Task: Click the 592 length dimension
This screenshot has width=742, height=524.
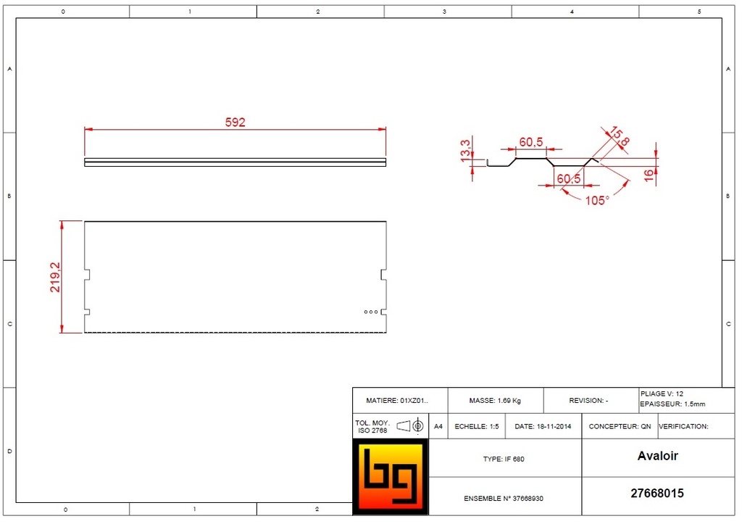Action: (x=235, y=122)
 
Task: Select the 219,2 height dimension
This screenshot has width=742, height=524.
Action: (x=55, y=278)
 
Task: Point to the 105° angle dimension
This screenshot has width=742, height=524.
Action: (x=597, y=201)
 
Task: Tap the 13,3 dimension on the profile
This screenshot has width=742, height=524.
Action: (x=466, y=150)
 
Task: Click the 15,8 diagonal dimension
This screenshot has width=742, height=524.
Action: (x=620, y=136)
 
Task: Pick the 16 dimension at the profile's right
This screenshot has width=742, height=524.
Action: (x=649, y=175)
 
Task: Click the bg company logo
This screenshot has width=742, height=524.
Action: (x=391, y=477)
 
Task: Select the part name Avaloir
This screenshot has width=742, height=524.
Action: (x=658, y=456)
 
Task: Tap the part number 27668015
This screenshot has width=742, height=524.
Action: (x=657, y=494)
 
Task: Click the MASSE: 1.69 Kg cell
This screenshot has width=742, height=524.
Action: (x=495, y=401)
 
